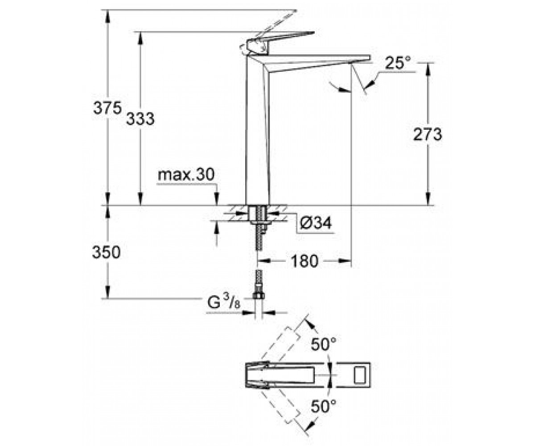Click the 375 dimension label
click(107, 108)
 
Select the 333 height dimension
click(140, 119)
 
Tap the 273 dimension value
click(428, 134)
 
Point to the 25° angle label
click(398, 63)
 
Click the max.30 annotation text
click(186, 175)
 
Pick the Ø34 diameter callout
click(316, 223)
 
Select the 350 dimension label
click(106, 252)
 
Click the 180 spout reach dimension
click(305, 261)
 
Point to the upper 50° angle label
click(324, 344)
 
